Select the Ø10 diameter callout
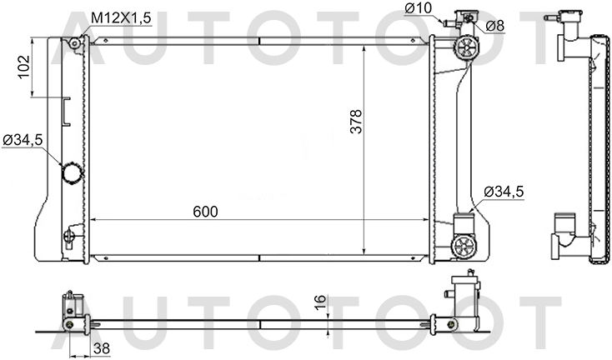418,8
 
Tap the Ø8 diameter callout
494,26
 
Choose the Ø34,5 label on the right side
503,191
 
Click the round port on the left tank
72,173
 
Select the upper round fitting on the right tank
464,49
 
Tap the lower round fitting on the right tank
464,246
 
